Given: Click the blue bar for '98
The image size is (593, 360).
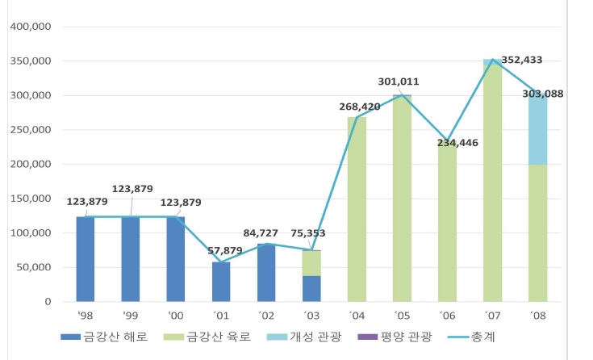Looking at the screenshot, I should pos(86,258).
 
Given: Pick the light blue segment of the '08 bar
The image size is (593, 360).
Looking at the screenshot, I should pos(537,129).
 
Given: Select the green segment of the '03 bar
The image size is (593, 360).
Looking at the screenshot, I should pos(311,263).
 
